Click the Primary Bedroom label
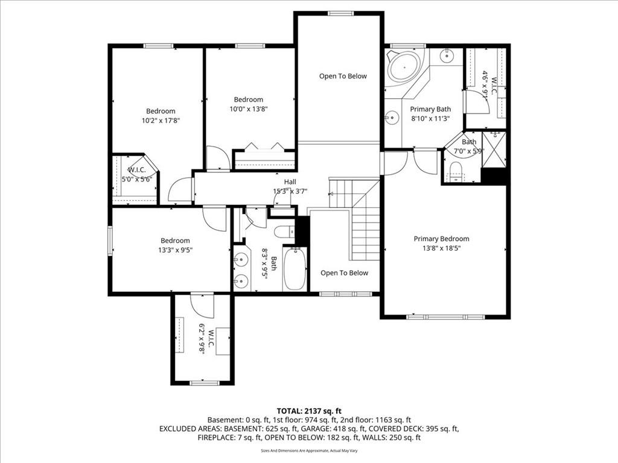coord(441,239)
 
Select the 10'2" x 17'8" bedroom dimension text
coord(161,121)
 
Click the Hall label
coord(290,182)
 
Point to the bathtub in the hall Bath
coord(295,269)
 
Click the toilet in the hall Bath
coord(284,232)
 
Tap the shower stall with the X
coord(494,150)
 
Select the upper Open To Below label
coord(343,76)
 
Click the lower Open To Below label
coord(344,273)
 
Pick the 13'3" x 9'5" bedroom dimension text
coord(175,250)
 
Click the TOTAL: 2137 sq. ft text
coord(309,411)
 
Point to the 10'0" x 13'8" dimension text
coord(249,109)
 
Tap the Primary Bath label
coord(430,109)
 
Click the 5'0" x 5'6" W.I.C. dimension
coord(136,179)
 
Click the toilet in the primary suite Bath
coord(456,172)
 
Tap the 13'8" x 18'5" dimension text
coord(441,248)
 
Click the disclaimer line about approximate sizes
coord(309,450)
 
